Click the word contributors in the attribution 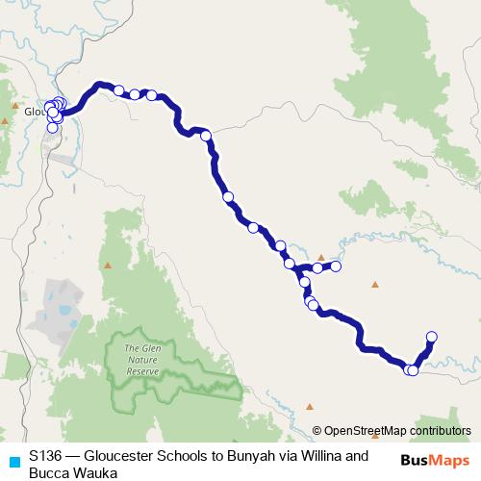point(440,431)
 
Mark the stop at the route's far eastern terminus point(431,336)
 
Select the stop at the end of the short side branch point(337,266)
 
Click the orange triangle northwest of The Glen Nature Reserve point(109,265)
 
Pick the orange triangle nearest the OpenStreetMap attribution point(310,406)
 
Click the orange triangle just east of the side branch point(375,283)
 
